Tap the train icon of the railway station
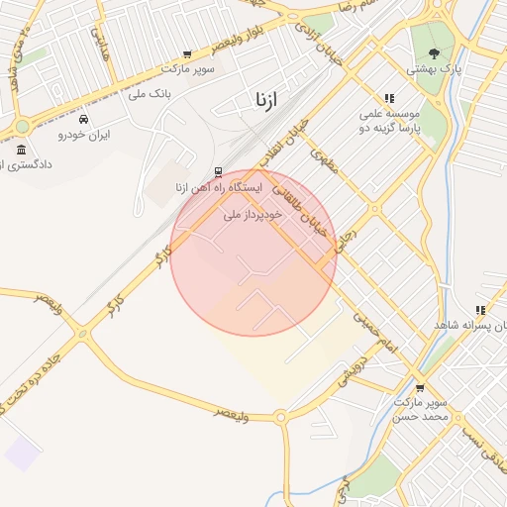pyautogui.click(x=218, y=171)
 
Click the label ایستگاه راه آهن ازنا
pyautogui.click(x=218, y=187)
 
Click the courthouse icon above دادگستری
pyautogui.click(x=21, y=149)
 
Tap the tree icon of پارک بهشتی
pyautogui.click(x=434, y=53)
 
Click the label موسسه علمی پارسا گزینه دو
pyautogui.click(x=389, y=121)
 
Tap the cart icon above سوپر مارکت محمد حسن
pyautogui.click(x=420, y=388)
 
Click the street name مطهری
pyautogui.click(x=324, y=158)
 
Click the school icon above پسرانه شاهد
pyautogui.click(x=480, y=310)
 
